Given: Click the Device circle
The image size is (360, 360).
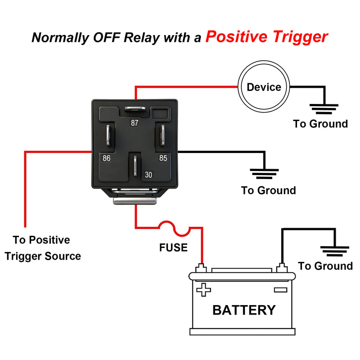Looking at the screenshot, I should (x=264, y=87).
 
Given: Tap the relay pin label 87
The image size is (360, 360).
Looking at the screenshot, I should (x=135, y=123).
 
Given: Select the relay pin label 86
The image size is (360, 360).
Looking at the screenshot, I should (x=107, y=158).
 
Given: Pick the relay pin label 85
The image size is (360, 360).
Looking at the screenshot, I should (x=163, y=158).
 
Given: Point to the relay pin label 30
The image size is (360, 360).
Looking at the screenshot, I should (x=148, y=174).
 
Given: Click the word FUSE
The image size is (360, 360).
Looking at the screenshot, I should (x=173, y=247).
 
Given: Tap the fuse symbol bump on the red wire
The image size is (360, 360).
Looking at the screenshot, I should (x=176, y=228).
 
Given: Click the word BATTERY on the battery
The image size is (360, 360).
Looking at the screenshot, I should (x=243, y=310).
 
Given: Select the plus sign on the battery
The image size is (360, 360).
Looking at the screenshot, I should (x=204, y=290).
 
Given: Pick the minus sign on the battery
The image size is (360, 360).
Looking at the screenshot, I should (x=280, y=290).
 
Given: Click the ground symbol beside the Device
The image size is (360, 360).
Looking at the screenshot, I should (x=324, y=108).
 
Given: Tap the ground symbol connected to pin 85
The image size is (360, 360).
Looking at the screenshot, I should (x=264, y=173).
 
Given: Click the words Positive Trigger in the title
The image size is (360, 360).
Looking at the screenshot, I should (x=266, y=36).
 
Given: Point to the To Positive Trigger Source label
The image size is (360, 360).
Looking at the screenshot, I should (x=42, y=248).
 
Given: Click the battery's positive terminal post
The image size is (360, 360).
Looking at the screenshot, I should (x=202, y=268).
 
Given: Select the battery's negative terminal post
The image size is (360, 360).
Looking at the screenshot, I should (x=282, y=268).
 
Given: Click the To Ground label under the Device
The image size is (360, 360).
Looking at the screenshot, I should (x=320, y=124).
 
